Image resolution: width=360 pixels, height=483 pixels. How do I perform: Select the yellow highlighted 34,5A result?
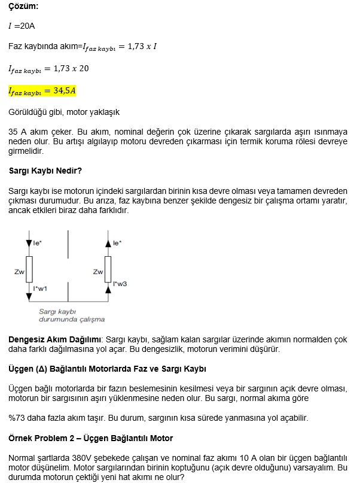click(42, 91)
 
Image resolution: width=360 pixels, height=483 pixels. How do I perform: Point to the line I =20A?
click(22, 26)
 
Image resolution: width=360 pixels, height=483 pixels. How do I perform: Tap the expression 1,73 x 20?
click(71, 68)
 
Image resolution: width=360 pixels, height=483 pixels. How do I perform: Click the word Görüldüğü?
click(27, 112)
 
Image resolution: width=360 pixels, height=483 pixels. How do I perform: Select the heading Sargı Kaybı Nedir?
click(45, 171)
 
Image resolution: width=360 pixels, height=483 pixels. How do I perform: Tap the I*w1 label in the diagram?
click(40, 288)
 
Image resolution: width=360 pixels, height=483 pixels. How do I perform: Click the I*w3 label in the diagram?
click(120, 283)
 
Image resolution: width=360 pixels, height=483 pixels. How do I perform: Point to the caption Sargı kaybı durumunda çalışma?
click(71, 315)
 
